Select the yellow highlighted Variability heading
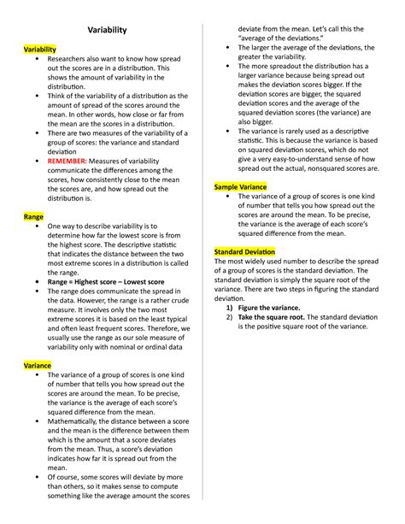click(40, 50)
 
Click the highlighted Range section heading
click(33, 218)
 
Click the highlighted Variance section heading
click(38, 364)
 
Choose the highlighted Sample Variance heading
click(240, 186)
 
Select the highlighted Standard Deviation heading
click(244, 252)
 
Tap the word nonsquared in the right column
click(315, 168)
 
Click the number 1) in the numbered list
click(230, 308)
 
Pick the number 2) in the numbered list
click(230, 317)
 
